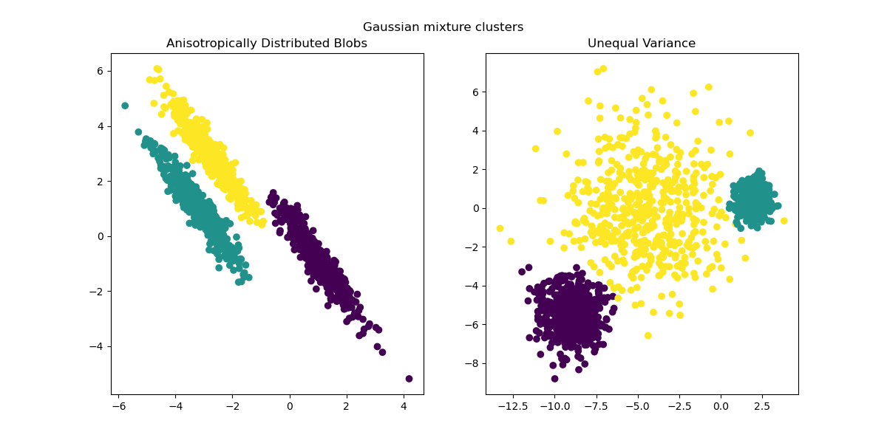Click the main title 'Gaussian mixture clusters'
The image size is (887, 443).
(x=443, y=27)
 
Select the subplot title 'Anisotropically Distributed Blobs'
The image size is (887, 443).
(x=267, y=44)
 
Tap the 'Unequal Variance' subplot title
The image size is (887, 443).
(x=641, y=44)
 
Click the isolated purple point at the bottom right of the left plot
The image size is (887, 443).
(x=409, y=379)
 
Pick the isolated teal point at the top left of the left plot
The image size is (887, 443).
(x=125, y=106)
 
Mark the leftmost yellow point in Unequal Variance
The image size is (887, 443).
(x=500, y=228)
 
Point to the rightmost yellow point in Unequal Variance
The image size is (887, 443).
(x=784, y=221)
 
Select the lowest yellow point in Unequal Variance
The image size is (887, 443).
(x=648, y=335)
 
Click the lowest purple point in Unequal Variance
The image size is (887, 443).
(x=554, y=379)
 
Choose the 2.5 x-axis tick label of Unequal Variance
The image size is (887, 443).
(x=761, y=405)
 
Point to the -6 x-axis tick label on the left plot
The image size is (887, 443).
(x=118, y=405)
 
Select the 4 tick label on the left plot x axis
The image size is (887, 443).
(x=404, y=405)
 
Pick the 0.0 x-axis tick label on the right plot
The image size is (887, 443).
(x=721, y=405)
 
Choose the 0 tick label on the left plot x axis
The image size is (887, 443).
(x=290, y=405)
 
